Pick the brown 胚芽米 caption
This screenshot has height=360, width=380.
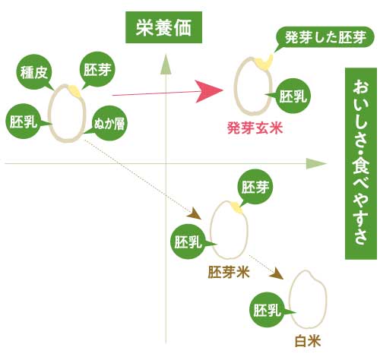(230, 270)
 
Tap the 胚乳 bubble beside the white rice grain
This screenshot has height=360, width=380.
(267, 310)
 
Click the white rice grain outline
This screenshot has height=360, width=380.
(307, 299)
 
